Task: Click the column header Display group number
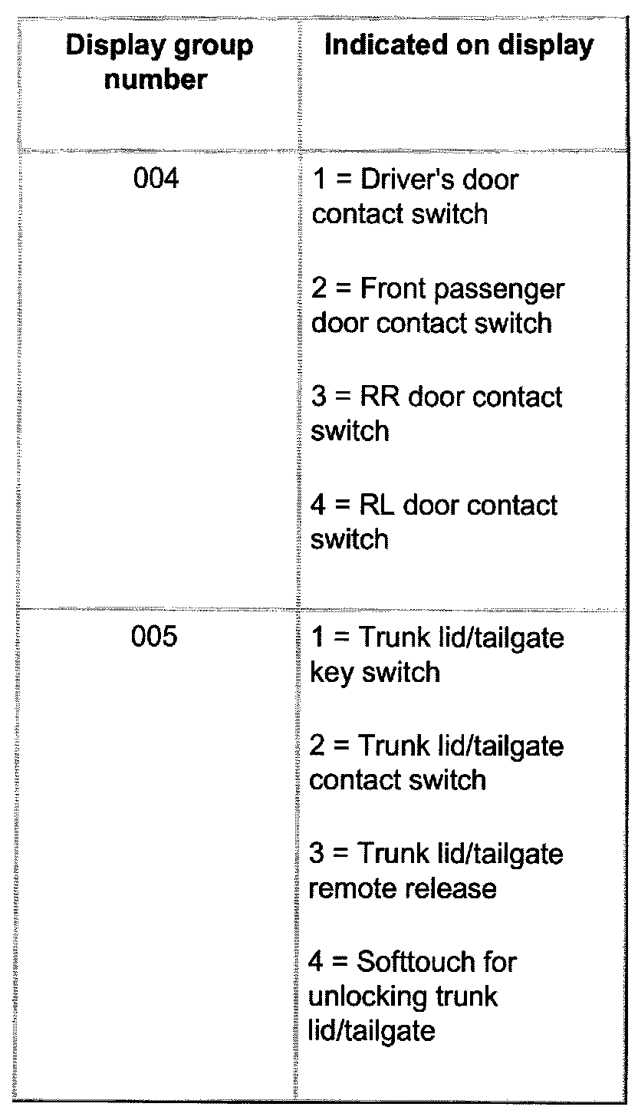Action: (159, 62)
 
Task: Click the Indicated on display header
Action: (459, 46)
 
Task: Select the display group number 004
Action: (156, 180)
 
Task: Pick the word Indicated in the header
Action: (391, 46)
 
